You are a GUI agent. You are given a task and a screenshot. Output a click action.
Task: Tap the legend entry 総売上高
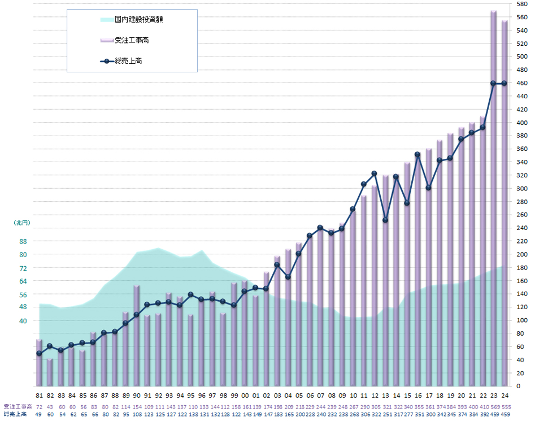[128, 60]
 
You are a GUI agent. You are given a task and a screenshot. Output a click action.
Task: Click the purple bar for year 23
[493, 198]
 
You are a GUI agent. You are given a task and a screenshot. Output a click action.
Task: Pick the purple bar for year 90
[137, 336]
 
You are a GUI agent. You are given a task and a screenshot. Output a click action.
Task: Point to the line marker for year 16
[417, 154]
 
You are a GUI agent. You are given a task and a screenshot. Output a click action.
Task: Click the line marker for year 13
[385, 220]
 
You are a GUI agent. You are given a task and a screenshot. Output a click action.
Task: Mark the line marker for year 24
[504, 83]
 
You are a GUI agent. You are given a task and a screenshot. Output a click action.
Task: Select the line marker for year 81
[39, 353]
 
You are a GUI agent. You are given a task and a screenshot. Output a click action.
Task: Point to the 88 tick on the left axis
[23, 241]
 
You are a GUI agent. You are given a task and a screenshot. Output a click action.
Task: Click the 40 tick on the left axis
[23, 320]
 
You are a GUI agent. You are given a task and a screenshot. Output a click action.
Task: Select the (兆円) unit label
[21, 223]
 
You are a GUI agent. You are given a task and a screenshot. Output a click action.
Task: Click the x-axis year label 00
[245, 396]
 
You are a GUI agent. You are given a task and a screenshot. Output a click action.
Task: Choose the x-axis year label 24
[504, 396]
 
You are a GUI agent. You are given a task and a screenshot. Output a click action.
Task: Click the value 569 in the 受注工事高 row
[493, 407]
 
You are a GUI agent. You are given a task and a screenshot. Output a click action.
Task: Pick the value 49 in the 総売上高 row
[39, 414]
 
